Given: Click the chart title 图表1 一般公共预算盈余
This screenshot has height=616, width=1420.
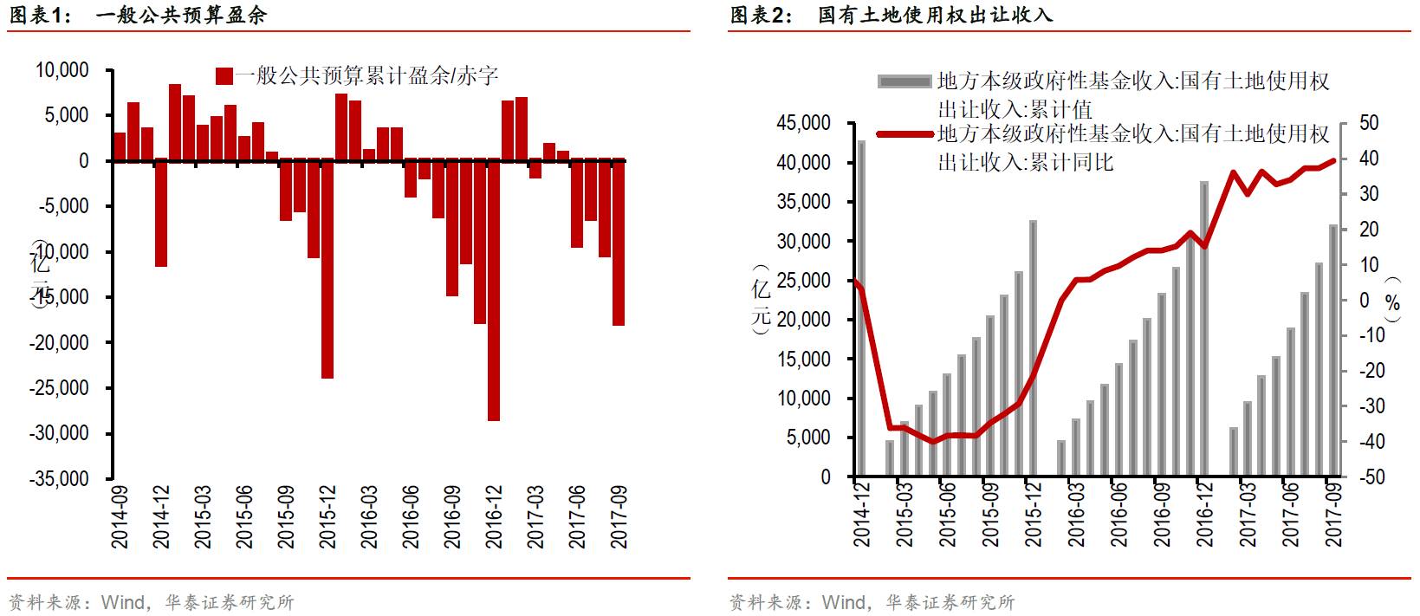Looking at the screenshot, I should [x=139, y=15].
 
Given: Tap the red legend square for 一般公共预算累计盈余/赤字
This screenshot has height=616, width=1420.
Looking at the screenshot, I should [x=224, y=76].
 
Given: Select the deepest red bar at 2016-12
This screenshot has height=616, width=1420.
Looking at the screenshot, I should [x=494, y=290].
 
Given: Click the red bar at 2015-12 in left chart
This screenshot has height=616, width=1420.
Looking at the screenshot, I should [x=327, y=269].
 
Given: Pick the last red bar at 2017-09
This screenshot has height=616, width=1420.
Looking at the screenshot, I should [x=619, y=243].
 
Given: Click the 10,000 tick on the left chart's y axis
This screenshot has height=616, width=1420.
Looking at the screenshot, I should [x=62, y=70].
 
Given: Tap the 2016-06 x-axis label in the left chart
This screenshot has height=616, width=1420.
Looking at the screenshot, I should [x=411, y=516].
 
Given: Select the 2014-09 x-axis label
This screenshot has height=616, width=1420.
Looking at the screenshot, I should [x=120, y=516].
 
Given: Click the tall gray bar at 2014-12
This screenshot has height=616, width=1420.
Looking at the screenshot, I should [x=861, y=308].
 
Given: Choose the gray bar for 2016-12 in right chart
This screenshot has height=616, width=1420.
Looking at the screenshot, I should [x=1204, y=329].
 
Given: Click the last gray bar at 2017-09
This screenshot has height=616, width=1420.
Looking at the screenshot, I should [x=1334, y=351].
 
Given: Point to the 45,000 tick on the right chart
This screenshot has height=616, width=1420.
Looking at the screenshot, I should [x=803, y=123].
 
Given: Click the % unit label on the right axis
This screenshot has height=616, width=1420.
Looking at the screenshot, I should [x=1392, y=302].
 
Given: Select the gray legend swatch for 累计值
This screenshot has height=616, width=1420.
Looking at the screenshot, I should [x=905, y=81].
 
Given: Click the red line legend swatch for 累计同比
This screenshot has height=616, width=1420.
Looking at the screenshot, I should [x=905, y=134].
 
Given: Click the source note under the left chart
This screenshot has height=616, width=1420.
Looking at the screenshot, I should [x=152, y=602].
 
